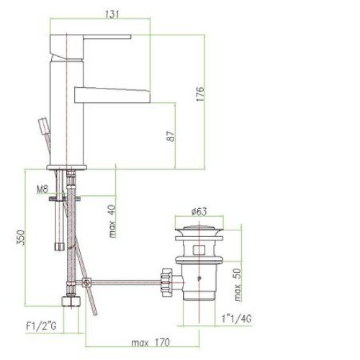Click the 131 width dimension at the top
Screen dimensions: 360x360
point(112,14)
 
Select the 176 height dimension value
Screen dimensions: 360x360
point(200,94)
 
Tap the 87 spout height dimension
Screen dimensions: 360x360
point(171,136)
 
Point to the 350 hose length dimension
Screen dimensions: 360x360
point(20,238)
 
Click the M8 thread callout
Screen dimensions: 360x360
point(42,189)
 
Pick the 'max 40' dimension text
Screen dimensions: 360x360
point(112,221)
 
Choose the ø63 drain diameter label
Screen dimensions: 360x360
point(199,212)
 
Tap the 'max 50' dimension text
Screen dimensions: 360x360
point(237,284)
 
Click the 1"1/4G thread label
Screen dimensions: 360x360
point(236,318)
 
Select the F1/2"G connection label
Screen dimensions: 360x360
point(41,326)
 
